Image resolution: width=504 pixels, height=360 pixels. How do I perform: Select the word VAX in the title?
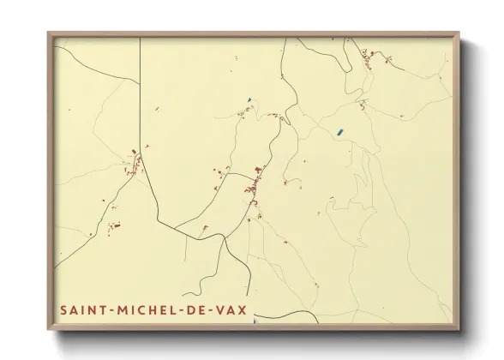click(230, 308)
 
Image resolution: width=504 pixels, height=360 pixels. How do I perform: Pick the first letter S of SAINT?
click(64, 308)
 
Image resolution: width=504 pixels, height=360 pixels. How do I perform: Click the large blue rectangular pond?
click(339, 132)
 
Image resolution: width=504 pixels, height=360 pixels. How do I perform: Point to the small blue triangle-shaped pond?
click(249, 100)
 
